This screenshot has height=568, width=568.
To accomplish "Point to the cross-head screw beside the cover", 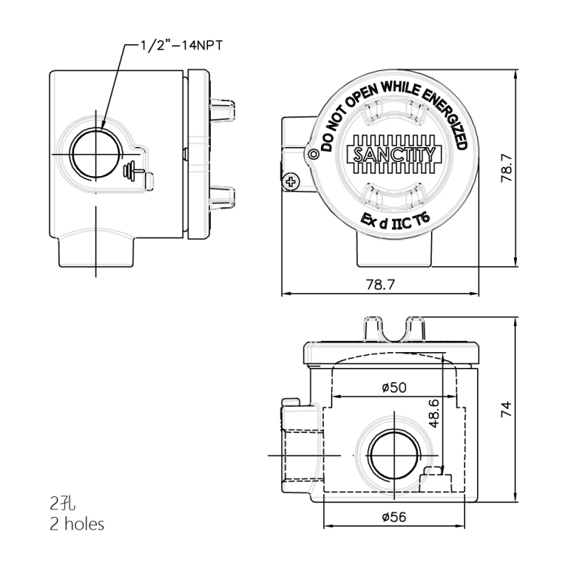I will coord(290,182).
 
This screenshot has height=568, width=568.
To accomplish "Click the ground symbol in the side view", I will coord(133,170).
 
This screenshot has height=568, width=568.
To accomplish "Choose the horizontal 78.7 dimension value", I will coord(380,284).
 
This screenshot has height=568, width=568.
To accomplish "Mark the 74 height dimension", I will coord(506,410).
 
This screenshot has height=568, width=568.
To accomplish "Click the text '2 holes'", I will coord(77,525).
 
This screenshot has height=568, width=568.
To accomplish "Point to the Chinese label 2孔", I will coord(62,504).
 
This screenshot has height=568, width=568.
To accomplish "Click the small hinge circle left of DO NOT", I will coord(313,153).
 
